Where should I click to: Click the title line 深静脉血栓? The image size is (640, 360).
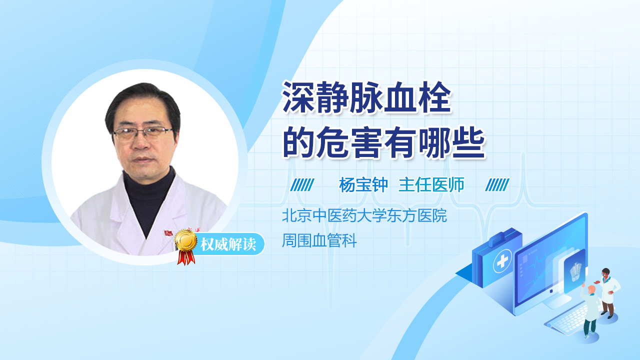(367, 97)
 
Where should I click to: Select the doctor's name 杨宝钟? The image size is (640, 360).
(363, 185)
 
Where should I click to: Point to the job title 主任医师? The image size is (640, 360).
(431, 185)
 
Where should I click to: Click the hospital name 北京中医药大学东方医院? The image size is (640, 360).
(364, 215)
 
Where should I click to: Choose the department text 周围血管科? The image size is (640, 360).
(319, 240)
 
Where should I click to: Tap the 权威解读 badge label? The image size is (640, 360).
(228, 244)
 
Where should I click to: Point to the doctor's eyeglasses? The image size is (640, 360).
(142, 133)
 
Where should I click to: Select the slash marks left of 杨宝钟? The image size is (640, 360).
(302, 185)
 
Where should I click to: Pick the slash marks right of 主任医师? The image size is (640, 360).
(497, 185)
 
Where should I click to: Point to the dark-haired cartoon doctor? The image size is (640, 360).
(608, 293)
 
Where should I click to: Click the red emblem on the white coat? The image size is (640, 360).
(168, 233)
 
